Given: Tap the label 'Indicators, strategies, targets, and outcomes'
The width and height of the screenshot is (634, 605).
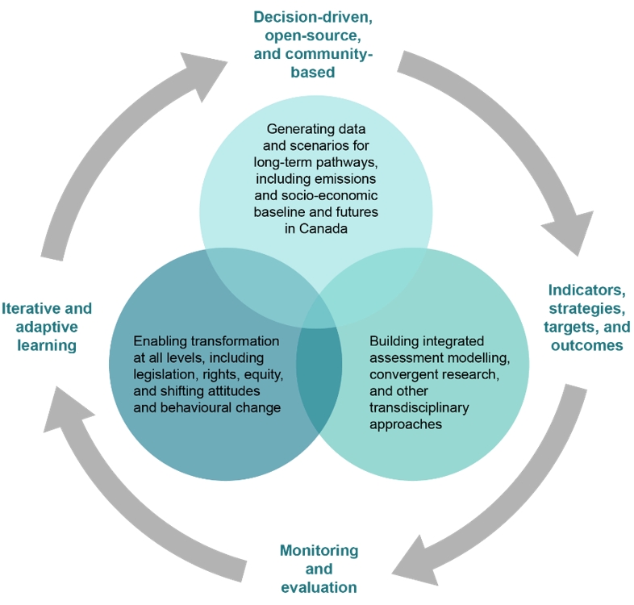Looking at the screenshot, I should [586, 317].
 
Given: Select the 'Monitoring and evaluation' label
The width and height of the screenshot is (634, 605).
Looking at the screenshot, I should [319, 568].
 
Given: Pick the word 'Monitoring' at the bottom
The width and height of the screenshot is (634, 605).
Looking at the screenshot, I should [319, 550].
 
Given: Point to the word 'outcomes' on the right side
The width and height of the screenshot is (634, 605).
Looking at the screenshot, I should [586, 345].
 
